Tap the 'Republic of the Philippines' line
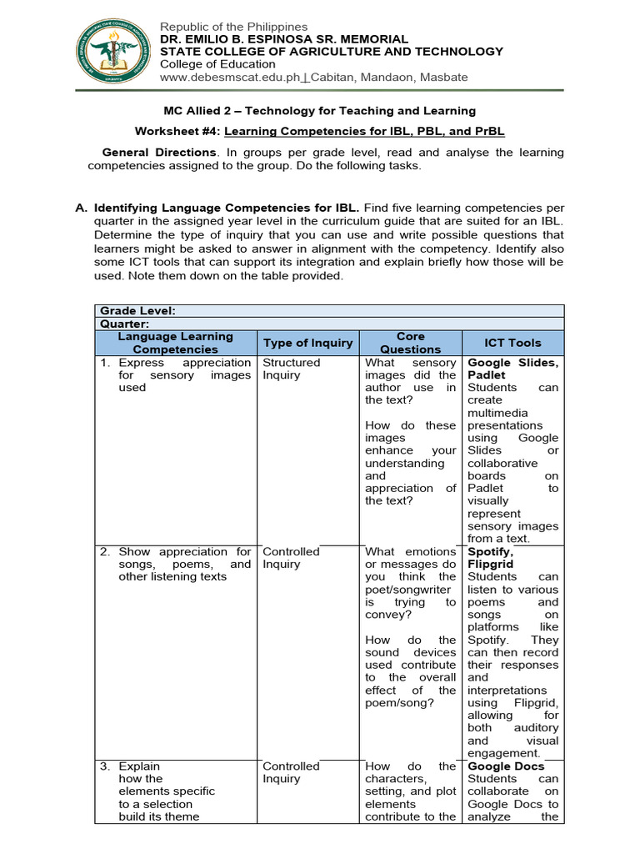(233, 28)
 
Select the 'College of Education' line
(217, 64)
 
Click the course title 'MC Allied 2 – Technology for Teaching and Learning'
(319, 111)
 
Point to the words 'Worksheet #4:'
(177, 132)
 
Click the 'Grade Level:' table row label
(137, 310)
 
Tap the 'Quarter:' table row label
(126, 323)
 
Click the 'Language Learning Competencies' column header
(176, 343)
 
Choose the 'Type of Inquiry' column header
(308, 343)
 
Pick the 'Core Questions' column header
(411, 343)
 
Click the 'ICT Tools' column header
(512, 343)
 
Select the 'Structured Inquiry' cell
(291, 369)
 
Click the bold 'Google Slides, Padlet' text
(512, 369)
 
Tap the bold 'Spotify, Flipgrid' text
(491, 558)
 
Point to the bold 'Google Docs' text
(506, 766)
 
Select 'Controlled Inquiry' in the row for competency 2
(291, 558)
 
